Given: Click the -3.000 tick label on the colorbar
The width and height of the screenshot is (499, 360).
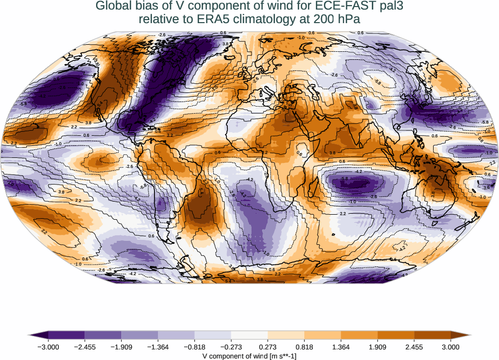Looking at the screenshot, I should pos(48,347).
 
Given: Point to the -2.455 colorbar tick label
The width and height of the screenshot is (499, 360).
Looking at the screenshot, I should pos(85,347).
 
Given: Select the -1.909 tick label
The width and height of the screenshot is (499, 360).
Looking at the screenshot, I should pos(121,347).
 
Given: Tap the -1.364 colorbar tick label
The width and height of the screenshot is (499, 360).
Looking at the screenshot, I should pos(158,347).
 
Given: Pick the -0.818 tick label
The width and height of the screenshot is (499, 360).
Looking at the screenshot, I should pos(195,347).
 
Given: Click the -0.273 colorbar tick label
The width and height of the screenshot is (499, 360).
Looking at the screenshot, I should pos(231,347).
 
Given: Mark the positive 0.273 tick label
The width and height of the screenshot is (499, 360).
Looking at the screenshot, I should pos(268,347).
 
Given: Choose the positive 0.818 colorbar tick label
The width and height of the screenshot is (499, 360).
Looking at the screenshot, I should pos(304,347).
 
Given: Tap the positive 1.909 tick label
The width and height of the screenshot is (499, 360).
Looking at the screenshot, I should pos(377,347).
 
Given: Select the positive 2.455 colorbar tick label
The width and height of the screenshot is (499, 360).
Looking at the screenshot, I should pos(414,347).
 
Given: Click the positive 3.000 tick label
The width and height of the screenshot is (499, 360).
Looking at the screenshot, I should pos(451,347).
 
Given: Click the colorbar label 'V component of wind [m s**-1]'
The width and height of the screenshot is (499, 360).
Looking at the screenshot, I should pos(249,355).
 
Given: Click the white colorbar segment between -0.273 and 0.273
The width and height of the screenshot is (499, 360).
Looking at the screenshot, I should pos(249,335).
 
